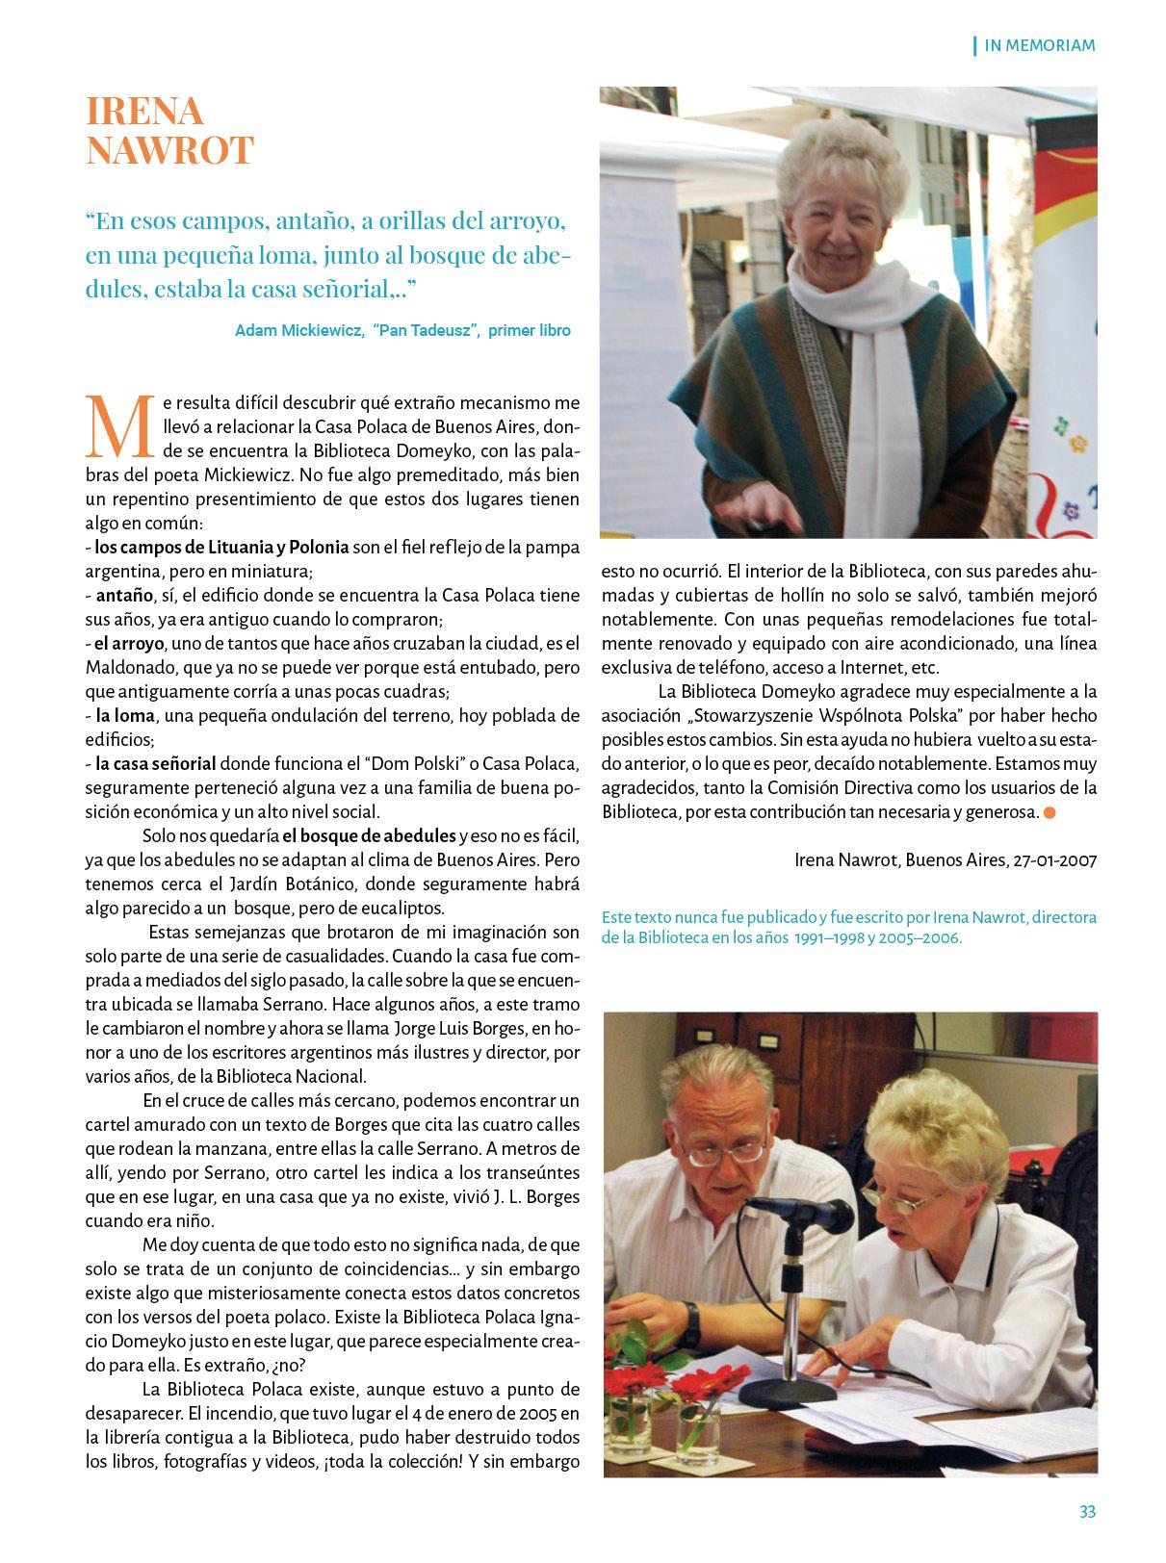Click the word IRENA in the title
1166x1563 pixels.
[x=145, y=112]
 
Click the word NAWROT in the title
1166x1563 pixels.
[x=169, y=151]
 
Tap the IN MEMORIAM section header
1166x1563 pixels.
[x=1040, y=45]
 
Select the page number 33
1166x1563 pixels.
[x=1087, y=1511]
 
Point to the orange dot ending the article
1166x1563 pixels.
[x=1049, y=813]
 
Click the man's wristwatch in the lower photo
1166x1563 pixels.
[x=690, y=1314]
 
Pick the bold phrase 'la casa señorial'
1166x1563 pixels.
[x=155, y=764]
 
